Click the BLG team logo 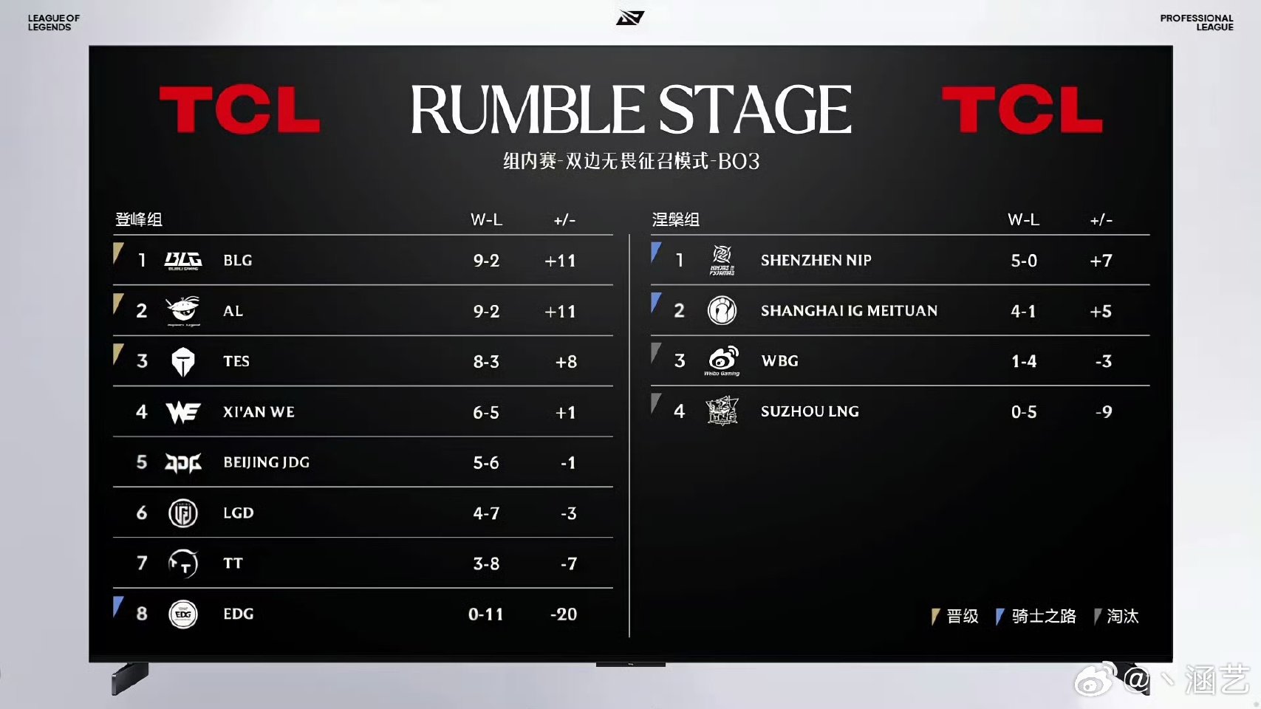coord(183,261)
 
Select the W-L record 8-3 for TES coord(486,361)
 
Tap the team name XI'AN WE coord(259,412)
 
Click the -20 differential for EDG coord(564,614)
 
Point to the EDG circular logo coord(183,614)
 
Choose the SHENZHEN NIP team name coord(816,260)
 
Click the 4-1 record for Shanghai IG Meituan coord(1023,311)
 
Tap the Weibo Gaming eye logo coord(722,360)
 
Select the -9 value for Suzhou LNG coord(1104,412)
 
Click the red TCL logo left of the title coord(240,109)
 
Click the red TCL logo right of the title coord(1022,109)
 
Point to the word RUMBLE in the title coord(527,109)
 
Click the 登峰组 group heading coord(138,219)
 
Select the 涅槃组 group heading coord(675,219)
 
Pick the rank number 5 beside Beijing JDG coord(142,462)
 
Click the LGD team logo coord(183,513)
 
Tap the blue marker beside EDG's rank coord(117,606)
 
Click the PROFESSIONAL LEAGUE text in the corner coord(1196,22)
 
